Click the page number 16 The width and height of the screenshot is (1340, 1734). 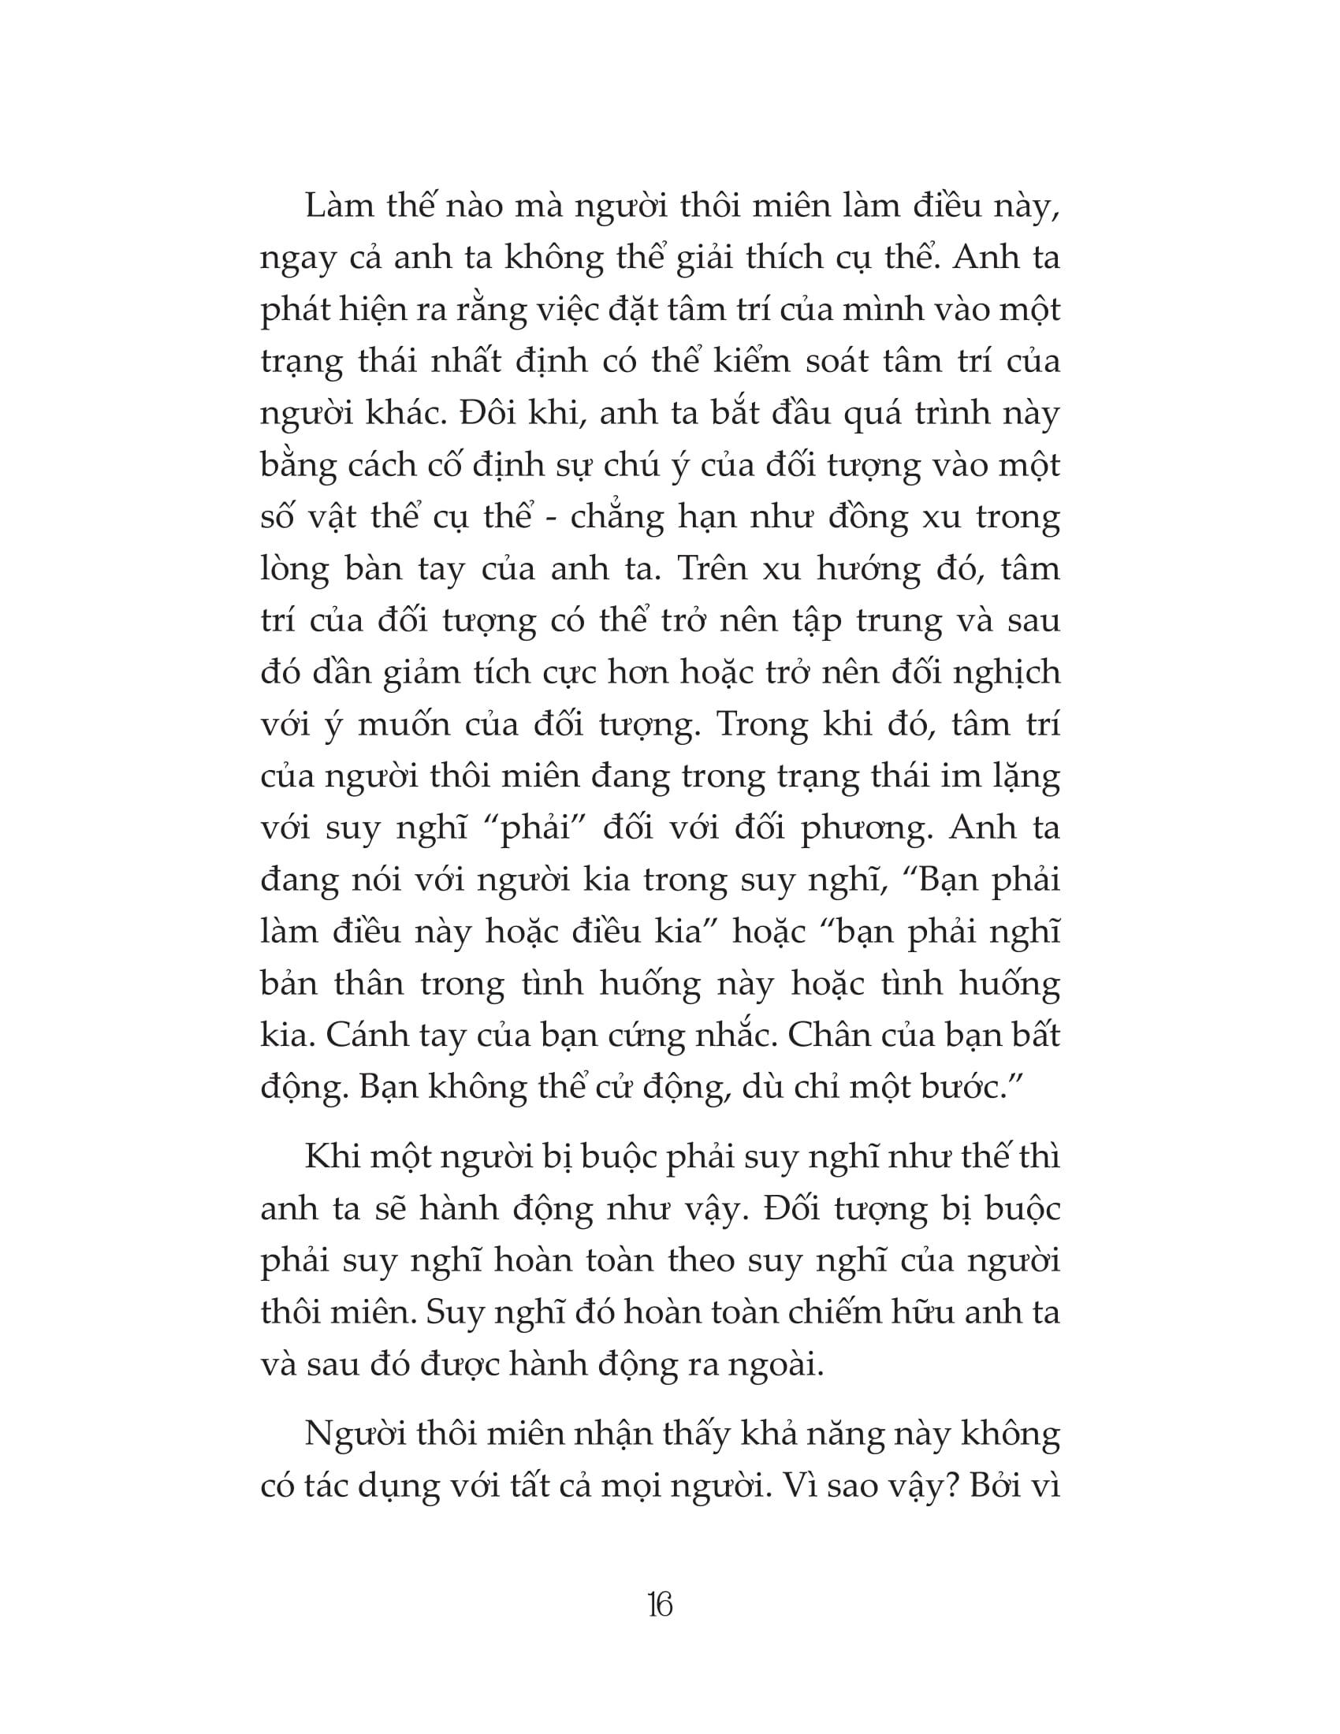[660, 1606]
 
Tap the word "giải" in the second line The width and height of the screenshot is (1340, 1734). [698, 259]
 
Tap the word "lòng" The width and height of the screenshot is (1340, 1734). [294, 570]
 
